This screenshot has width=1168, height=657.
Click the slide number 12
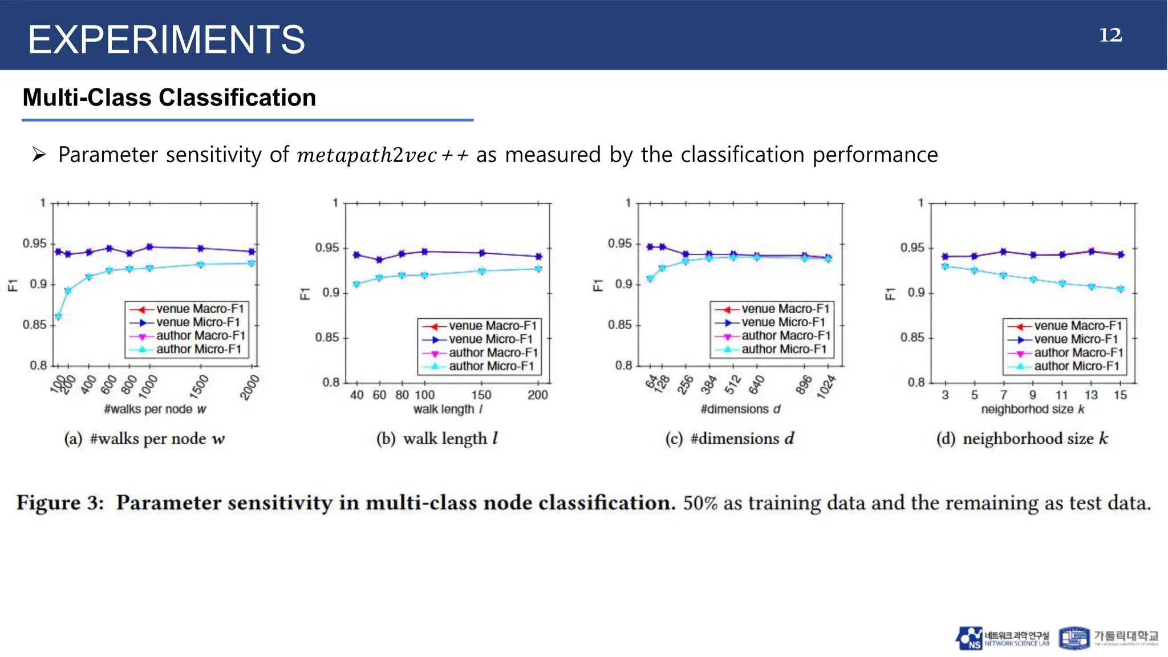[x=1110, y=35]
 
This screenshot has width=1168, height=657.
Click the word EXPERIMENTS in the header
[x=166, y=40]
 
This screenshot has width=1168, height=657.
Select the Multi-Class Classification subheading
[x=169, y=98]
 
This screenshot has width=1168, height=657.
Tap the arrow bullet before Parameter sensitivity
[x=39, y=155]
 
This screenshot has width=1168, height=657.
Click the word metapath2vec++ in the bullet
[x=382, y=155]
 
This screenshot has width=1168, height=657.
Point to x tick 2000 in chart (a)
[x=250, y=387]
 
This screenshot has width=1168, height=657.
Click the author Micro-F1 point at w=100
[x=58, y=317]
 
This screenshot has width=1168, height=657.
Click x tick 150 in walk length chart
[x=481, y=395]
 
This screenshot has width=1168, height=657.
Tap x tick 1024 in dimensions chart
[x=827, y=387]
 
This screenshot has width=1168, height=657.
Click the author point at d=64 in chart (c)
[x=650, y=278]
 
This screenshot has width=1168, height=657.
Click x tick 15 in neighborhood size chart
[x=1120, y=395]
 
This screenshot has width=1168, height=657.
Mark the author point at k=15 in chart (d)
[x=1120, y=289]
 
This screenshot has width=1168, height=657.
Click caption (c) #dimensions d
[x=729, y=439]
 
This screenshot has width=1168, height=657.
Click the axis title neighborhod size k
[x=1032, y=409]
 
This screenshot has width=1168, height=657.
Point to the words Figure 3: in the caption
[x=60, y=503]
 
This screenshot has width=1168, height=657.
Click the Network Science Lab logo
[x=1002, y=638]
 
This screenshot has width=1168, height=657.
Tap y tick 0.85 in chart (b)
[x=327, y=338]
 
